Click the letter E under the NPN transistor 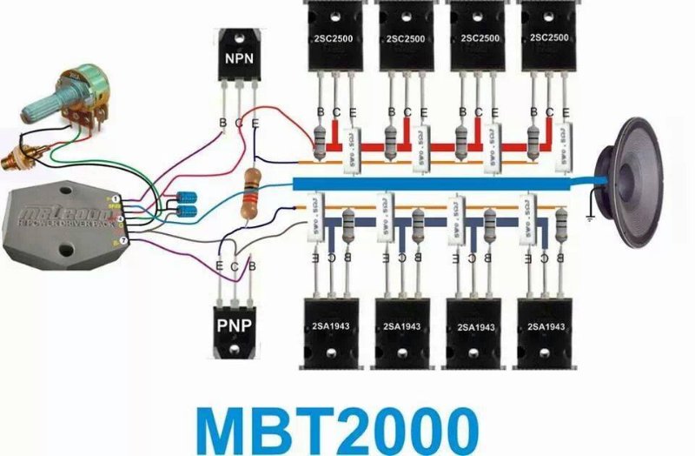pos(255,124)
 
